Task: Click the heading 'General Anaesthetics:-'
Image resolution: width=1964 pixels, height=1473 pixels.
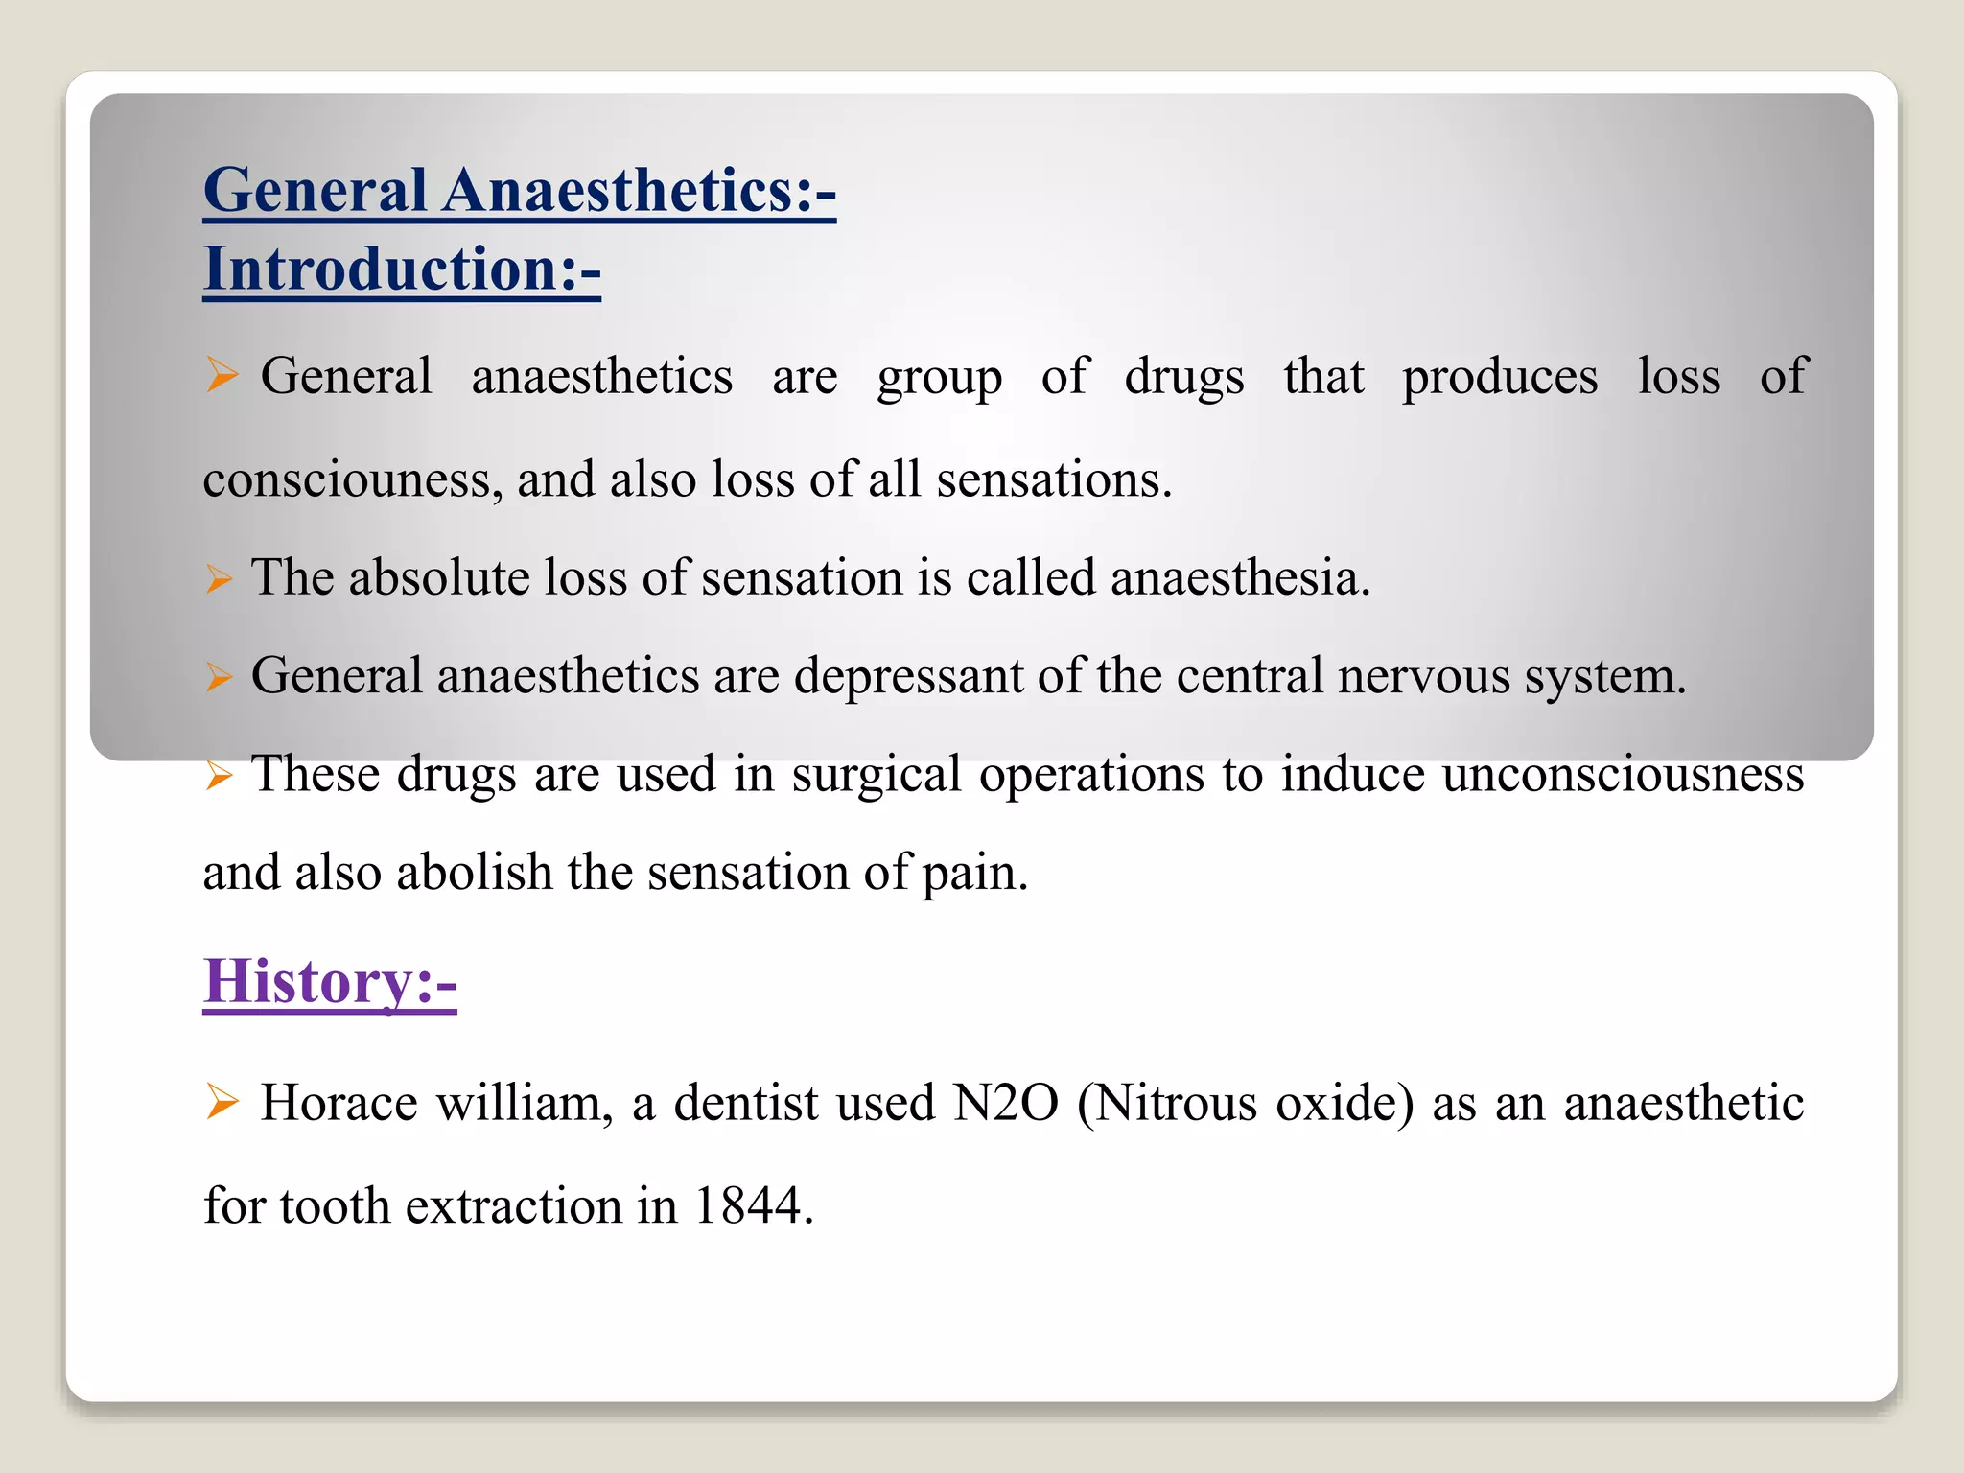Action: tap(519, 190)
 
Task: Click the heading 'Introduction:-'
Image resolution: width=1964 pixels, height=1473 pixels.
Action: tap(402, 269)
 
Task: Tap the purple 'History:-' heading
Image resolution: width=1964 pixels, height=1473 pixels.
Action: tap(330, 982)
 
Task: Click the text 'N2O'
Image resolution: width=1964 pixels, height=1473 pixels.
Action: tap(1005, 1103)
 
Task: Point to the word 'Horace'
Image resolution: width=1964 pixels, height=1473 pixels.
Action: tap(339, 1103)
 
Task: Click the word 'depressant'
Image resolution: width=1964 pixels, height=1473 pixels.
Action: tap(908, 676)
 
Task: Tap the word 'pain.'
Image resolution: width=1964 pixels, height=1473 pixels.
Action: tap(974, 873)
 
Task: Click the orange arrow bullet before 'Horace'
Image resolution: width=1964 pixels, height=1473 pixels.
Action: tap(222, 1102)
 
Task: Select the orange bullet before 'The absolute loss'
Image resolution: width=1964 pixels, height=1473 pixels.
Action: tap(220, 579)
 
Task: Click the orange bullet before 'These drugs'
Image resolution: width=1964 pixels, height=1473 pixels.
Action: tap(220, 775)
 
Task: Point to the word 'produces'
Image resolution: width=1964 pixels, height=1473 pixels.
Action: tap(1500, 377)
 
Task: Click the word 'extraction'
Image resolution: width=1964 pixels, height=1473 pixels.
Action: tap(513, 1205)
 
